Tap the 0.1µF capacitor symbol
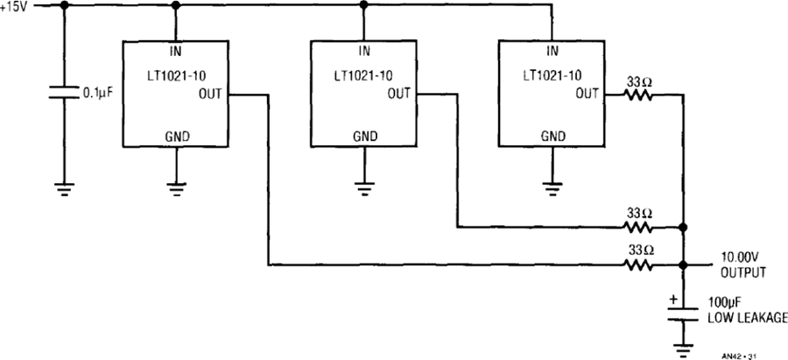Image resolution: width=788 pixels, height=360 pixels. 64,92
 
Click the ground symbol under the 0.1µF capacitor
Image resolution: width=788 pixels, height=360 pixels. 64,188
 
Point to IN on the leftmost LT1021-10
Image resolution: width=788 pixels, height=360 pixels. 175,52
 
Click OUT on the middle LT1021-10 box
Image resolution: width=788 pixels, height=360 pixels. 399,94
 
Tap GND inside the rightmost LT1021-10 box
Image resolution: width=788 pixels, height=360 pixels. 552,137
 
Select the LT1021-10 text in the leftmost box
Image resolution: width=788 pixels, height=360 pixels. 175,76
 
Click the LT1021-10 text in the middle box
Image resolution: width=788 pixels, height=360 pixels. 363,76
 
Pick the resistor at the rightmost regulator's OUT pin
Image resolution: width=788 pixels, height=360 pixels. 638,94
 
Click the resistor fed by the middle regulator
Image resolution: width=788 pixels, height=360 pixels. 638,227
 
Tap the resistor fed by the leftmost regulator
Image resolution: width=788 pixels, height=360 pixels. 638,265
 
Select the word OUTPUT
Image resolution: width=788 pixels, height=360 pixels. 743,273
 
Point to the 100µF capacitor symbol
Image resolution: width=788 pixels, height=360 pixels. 682,314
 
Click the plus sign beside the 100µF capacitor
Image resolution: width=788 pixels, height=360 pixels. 673,300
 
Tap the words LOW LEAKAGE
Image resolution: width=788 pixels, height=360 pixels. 748,318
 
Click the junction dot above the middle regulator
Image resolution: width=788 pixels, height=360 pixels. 364,5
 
